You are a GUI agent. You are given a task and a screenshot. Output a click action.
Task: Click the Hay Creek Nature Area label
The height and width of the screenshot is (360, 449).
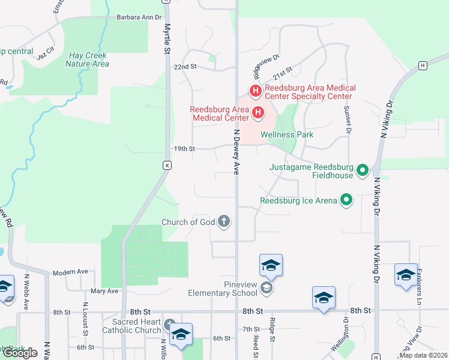click(88, 59)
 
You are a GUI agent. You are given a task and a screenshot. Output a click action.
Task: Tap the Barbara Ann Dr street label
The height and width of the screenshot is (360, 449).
click(139, 17)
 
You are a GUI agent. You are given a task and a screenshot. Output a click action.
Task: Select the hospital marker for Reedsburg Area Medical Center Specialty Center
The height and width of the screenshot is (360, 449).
click(255, 91)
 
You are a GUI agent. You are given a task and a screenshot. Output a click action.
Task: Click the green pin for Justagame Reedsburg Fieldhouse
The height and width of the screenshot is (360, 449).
click(362, 171)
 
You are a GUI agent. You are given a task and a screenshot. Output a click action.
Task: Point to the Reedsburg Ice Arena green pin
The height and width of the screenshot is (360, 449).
click(346, 200)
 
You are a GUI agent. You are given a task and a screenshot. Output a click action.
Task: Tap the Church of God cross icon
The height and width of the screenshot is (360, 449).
click(224, 222)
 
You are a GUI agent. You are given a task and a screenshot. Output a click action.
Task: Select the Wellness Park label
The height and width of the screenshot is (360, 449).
click(287, 135)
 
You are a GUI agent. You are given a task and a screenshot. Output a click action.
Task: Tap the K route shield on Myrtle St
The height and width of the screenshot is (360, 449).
click(167, 164)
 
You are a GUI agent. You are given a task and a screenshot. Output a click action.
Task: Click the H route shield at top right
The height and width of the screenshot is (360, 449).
click(423, 65)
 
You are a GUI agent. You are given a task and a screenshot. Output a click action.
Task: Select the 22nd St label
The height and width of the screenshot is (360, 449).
click(185, 67)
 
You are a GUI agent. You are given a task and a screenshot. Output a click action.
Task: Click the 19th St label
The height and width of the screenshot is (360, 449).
click(185, 148)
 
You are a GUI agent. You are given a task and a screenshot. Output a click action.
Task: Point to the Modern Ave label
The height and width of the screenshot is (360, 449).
click(70, 272)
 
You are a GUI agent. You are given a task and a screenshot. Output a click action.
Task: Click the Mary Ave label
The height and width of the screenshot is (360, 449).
click(104, 291)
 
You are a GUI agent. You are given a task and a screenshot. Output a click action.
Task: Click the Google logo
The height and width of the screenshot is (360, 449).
click(20, 353)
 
